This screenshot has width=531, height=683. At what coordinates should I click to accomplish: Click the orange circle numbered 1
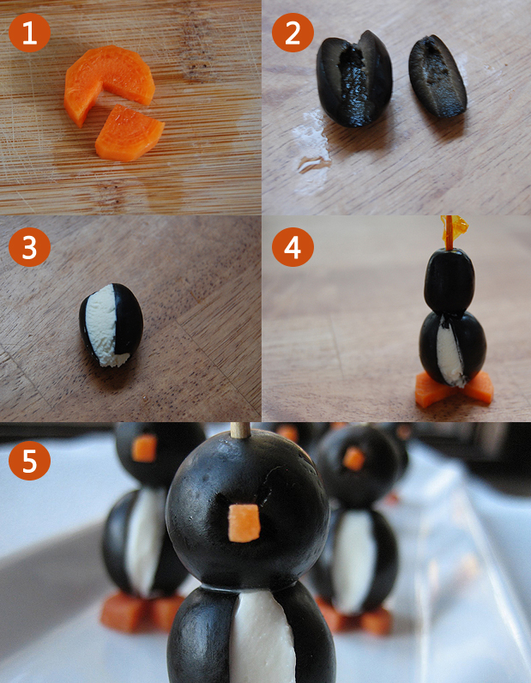[x=29, y=33]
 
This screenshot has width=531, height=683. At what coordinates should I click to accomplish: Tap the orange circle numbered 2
[x=293, y=33]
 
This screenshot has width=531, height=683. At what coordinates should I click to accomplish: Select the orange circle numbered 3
[x=29, y=247]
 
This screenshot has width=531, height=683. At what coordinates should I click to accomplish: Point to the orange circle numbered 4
[x=293, y=247]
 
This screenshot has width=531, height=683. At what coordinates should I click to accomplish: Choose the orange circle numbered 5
[x=29, y=461]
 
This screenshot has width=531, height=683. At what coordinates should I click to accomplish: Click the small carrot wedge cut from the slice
[x=130, y=134]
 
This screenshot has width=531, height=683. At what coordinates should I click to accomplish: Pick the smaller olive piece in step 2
[x=437, y=76]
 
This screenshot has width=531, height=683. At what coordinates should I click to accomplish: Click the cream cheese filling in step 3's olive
[x=102, y=324]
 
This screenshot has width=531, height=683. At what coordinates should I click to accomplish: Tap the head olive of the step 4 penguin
[x=450, y=280]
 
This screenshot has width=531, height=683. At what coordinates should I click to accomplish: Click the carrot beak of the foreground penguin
[x=244, y=523]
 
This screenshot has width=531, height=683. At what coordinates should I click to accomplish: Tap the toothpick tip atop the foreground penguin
[x=240, y=430]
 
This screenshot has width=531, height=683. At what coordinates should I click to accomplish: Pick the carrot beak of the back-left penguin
[x=144, y=448]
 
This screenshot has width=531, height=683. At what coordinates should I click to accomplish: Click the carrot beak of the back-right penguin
[x=353, y=459]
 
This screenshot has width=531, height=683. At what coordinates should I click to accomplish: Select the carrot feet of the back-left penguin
[x=142, y=612]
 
